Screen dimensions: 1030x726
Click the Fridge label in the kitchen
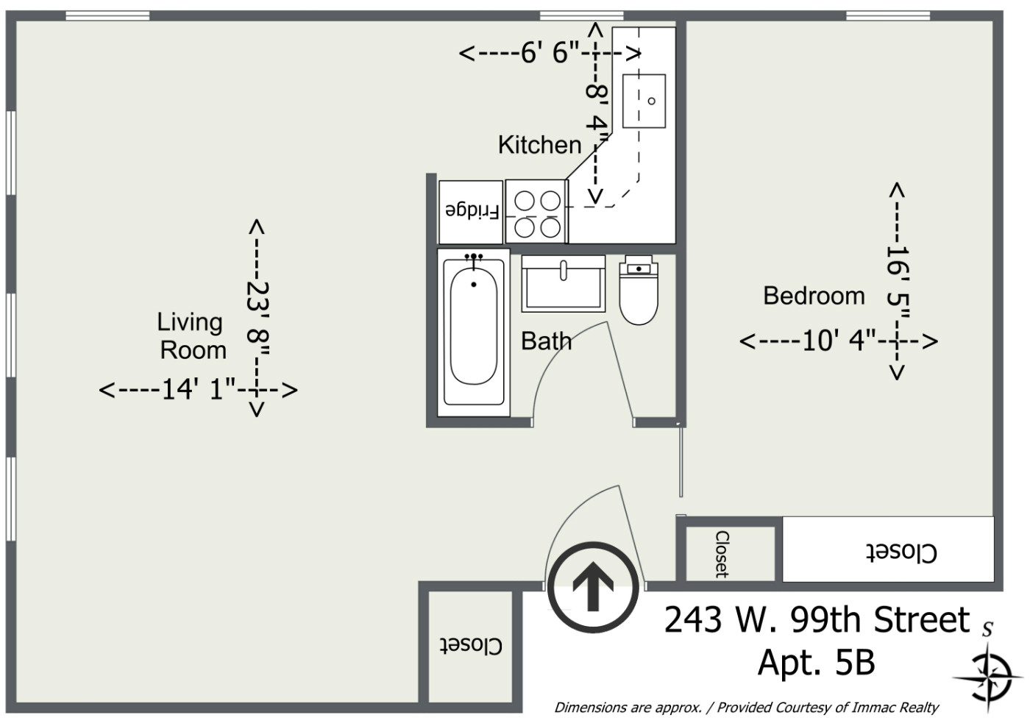472,211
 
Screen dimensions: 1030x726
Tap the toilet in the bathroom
639,291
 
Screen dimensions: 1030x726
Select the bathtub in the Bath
474,332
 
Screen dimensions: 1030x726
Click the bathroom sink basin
563,284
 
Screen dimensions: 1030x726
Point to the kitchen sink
644,102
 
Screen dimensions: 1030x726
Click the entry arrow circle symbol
593,588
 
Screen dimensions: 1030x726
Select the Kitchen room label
540,145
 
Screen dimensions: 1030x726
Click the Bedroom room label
814,296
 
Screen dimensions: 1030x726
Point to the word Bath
546,341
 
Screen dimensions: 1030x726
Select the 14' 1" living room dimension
199,390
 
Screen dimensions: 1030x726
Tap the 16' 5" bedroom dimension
898,282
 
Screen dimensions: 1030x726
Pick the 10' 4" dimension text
839,341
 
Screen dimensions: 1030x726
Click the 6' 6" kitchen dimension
550,54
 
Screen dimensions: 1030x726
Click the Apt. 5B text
816,663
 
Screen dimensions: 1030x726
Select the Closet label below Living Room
471,646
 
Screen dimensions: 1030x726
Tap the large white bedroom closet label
901,552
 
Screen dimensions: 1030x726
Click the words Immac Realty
895,707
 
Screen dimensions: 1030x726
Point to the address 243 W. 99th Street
817,620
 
